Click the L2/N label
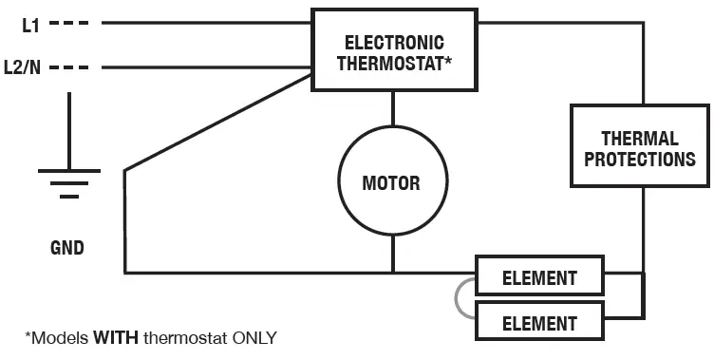24,68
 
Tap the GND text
66,249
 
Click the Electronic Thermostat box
392,51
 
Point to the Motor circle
391,181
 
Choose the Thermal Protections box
639,146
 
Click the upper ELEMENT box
539,278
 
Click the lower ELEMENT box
539,322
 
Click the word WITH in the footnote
116,337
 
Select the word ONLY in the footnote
251,337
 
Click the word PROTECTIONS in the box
639,159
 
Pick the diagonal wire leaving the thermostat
218,122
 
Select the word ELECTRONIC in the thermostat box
393,43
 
